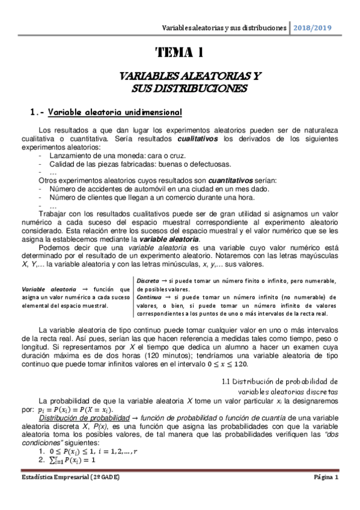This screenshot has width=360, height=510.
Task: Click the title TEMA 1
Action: point(180,53)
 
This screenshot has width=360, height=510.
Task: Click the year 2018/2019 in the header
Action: point(312,28)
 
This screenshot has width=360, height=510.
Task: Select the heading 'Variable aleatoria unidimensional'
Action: point(102,112)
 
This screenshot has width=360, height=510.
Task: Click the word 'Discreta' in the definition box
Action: point(148,281)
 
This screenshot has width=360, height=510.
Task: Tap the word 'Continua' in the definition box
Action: point(150,297)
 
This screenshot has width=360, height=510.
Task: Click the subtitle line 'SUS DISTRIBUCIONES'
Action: point(180,89)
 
